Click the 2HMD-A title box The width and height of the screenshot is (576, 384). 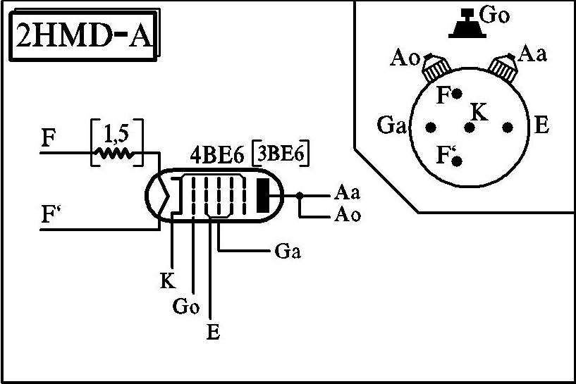(84, 35)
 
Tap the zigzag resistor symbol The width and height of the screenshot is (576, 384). (115, 154)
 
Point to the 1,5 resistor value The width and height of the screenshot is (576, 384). (116, 135)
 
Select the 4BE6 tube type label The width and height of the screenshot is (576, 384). (216, 156)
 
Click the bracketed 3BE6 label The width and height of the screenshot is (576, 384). (281, 154)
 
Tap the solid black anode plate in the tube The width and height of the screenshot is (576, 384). (263, 195)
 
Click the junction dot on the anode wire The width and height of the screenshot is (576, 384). (300, 196)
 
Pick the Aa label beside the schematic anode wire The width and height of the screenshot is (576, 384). (347, 192)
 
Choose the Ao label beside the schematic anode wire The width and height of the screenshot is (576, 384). (347, 214)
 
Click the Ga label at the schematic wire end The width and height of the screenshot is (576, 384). (288, 252)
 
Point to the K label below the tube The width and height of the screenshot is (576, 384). (168, 280)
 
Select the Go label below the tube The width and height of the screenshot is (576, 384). (186, 305)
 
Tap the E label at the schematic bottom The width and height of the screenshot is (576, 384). (213, 331)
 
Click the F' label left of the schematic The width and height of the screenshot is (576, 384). (51, 214)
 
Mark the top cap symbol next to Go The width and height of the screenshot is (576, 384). (467, 23)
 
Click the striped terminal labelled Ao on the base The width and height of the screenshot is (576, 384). (436, 68)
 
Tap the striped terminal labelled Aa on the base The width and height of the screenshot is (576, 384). (503, 68)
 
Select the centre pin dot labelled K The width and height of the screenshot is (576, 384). (469, 128)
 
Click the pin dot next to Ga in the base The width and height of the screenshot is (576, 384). (431, 128)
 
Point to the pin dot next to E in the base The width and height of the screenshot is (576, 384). (508, 128)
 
